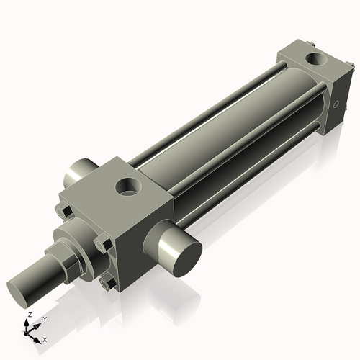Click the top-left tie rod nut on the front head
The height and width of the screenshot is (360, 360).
coord(63,211)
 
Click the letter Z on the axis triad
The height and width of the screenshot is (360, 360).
coord(29,315)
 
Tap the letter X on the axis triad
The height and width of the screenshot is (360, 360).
coord(45,338)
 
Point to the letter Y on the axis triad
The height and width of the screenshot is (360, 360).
coord(44,318)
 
